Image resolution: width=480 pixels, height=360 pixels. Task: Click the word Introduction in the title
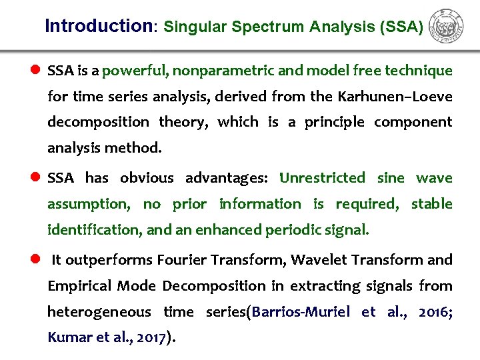(99, 26)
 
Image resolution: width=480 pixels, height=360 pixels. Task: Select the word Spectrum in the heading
(272, 27)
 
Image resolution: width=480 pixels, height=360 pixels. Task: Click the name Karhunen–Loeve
(395, 97)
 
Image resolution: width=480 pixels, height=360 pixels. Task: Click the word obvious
(147, 178)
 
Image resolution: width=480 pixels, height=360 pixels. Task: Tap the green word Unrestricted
(322, 178)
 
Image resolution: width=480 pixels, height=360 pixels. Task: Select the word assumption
(87, 204)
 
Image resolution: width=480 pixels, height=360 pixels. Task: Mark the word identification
(94, 230)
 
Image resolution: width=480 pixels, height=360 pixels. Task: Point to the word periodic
(292, 230)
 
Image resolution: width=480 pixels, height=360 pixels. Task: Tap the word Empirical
(79, 286)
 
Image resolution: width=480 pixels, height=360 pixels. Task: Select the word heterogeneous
(99, 312)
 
